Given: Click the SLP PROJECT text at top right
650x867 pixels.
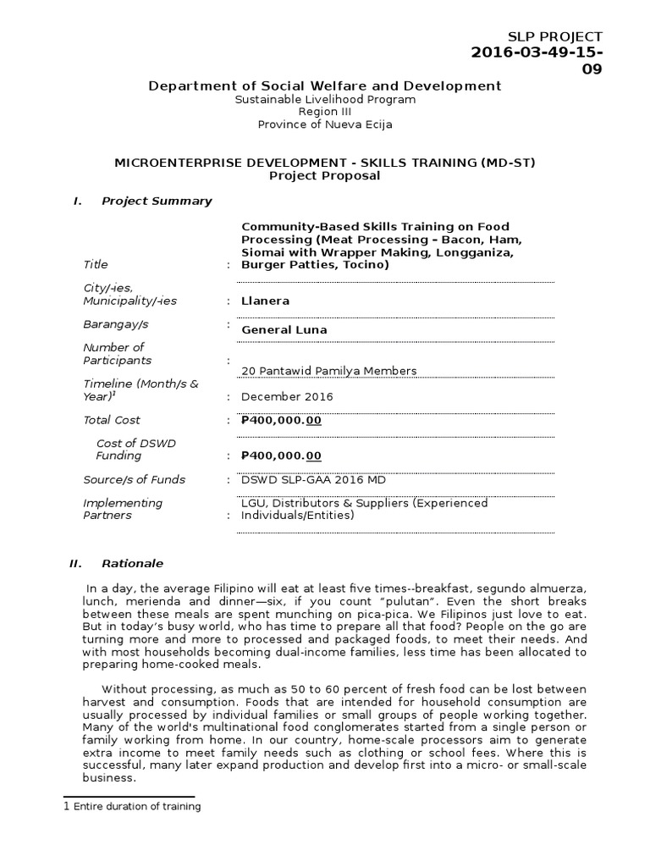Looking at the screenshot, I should click(554, 36).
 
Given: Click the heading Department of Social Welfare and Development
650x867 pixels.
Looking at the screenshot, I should click(325, 86).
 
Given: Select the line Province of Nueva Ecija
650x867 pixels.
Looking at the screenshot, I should click(325, 124).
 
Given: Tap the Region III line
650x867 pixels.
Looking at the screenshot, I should click(325, 112).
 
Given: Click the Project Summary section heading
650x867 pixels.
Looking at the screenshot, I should click(157, 201).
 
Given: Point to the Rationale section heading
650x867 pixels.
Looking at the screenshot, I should click(132, 563).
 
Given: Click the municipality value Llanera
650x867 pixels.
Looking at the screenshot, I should click(265, 301).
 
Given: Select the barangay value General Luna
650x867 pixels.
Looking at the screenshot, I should click(284, 329).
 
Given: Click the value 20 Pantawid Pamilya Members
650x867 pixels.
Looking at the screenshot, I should click(328, 371).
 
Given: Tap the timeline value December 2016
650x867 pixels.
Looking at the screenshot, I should click(287, 396).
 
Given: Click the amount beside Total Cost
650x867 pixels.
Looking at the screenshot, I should click(281, 420).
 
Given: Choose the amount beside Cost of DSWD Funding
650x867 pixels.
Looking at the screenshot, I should click(281, 456).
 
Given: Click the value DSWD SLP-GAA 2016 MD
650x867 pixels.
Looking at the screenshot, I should click(313, 479).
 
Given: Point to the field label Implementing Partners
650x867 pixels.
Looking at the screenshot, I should click(122, 509).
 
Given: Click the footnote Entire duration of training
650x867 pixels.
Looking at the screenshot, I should click(137, 807).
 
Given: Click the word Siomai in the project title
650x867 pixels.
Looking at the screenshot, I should click(262, 251).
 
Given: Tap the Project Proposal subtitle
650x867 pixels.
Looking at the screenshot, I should click(325, 175).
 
